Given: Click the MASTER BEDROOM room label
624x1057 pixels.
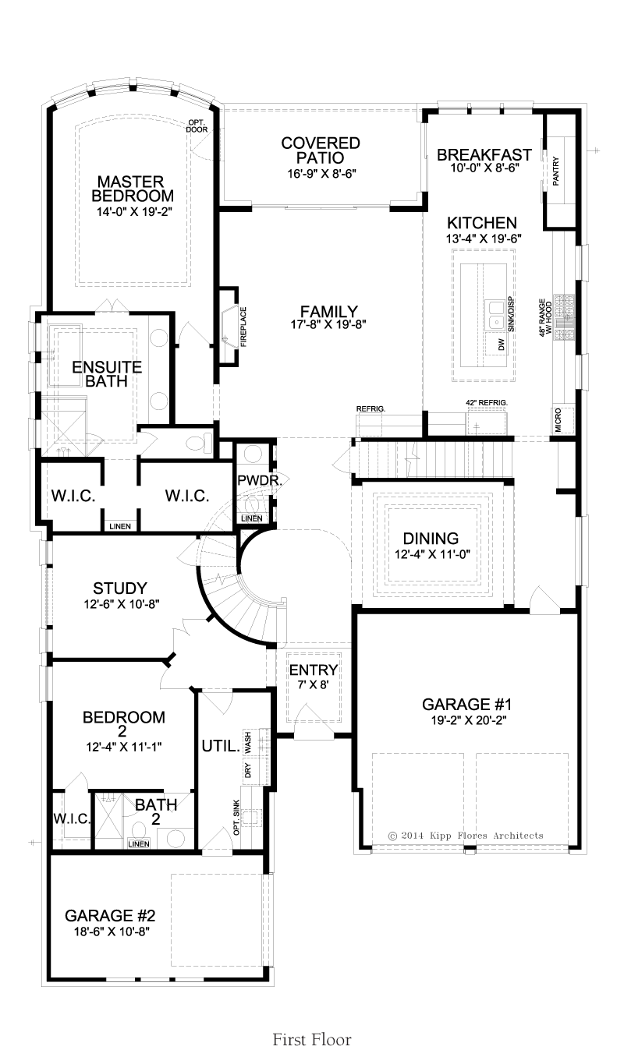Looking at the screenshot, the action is point(133,189).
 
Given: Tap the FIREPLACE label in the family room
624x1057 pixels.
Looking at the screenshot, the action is point(243,327).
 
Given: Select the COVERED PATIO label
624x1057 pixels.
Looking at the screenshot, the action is point(321,150).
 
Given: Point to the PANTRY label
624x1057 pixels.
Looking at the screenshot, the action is point(555,171).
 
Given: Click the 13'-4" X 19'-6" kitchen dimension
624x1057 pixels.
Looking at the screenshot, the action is point(484,239).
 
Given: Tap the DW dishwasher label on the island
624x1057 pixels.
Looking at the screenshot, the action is point(502,345).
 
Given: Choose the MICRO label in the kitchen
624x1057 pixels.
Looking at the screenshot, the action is point(558,420).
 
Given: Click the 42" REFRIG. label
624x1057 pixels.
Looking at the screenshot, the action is point(487,402).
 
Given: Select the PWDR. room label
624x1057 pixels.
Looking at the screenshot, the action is point(260,480).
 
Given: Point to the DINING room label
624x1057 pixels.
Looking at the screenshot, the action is point(431,538).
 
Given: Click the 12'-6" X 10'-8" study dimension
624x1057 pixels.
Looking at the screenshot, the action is point(122,603).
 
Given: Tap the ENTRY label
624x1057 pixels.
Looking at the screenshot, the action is point(314,670).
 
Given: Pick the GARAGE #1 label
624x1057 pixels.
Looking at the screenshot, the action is point(466,705).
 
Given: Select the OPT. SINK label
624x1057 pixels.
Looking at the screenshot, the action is point(236,817).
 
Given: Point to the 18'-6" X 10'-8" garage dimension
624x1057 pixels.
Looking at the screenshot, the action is point(112,932).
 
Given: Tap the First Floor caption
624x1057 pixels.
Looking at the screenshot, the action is point(312,1040).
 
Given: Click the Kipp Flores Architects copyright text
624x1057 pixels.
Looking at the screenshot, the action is point(466,836).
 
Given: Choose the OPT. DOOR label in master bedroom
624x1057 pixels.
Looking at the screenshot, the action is point(197,126).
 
